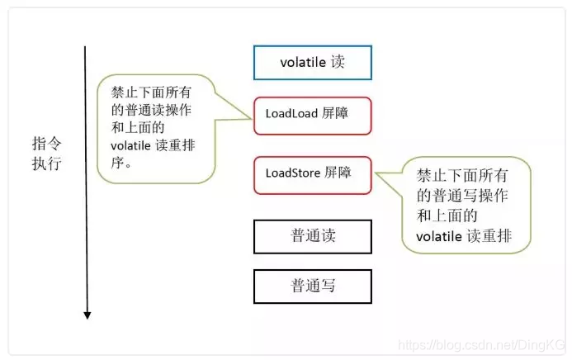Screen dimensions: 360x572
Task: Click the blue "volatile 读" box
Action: pos(312,62)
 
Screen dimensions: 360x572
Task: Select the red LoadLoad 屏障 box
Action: pos(312,116)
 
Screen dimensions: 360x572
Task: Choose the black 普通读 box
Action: pos(312,236)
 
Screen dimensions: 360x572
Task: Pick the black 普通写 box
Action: pos(312,286)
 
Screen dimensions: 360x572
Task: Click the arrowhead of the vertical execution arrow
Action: pos(87,314)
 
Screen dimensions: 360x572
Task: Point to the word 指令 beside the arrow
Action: pos(47,142)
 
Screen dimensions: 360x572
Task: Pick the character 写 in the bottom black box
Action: pos(324,286)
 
